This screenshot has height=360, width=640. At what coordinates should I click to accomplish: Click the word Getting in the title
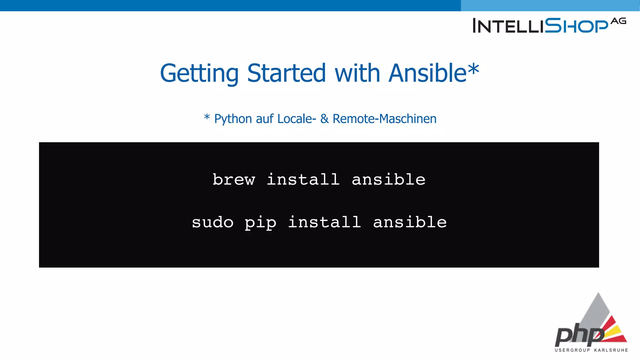(199, 73)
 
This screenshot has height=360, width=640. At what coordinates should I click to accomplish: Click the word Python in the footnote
(233, 119)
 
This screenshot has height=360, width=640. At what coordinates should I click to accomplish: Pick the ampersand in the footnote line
(324, 119)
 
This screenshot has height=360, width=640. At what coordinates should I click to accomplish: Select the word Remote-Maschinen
(384, 119)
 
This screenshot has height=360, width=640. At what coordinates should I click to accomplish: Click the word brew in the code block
(234, 180)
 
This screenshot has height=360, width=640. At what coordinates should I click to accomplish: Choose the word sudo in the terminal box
(212, 222)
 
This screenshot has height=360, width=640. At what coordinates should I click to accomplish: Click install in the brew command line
(303, 179)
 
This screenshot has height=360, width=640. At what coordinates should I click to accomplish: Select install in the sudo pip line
(324, 222)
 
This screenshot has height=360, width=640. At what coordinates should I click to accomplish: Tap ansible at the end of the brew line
(388, 179)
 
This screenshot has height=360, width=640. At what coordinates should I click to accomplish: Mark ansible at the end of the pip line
(410, 222)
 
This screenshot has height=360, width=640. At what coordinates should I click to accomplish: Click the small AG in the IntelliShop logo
(618, 21)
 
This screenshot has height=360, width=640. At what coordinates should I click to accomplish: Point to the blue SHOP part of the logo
(577, 26)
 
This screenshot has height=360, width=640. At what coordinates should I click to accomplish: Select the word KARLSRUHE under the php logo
(611, 350)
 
